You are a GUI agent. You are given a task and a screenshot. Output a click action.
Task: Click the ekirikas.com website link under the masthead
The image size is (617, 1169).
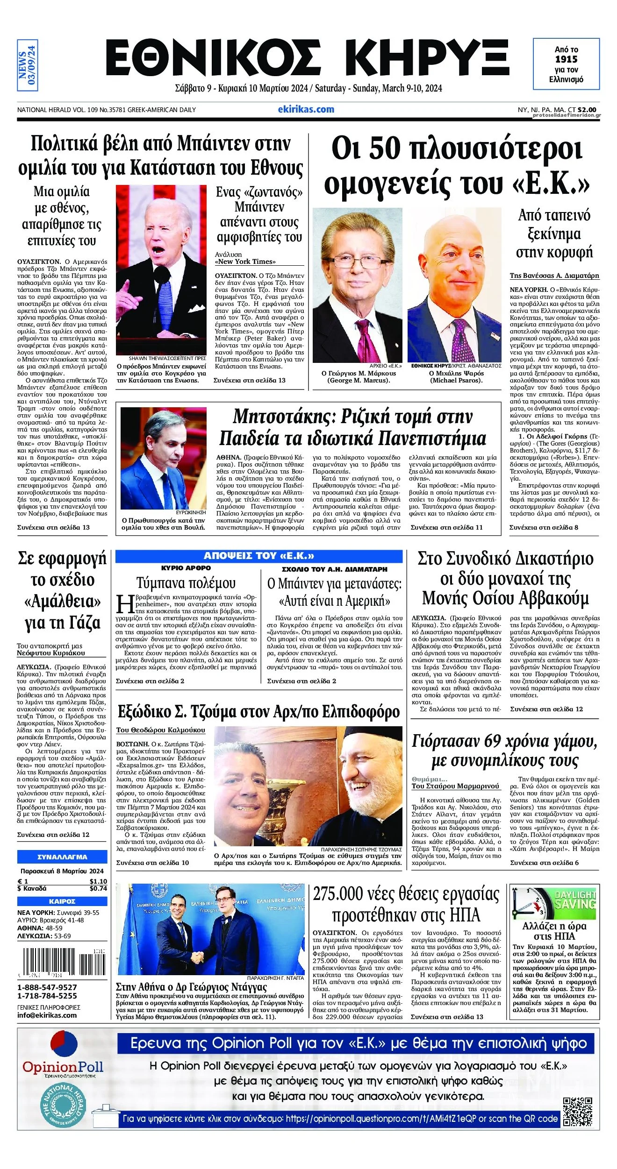click(x=306, y=109)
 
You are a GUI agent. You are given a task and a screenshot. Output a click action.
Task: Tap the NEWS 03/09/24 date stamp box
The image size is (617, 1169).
click(x=27, y=65)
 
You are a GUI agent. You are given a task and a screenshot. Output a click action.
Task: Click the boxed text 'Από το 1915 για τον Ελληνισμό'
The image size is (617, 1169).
click(x=566, y=64)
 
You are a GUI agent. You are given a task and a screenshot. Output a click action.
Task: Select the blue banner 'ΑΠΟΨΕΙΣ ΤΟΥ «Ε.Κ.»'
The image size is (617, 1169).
click(x=258, y=556)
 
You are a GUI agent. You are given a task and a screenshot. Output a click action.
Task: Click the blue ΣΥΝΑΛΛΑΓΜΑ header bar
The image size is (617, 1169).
click(x=62, y=857)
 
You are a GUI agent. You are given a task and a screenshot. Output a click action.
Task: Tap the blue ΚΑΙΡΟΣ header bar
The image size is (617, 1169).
click(x=62, y=901)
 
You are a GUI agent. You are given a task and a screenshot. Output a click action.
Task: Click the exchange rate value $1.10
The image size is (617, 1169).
click(x=98, y=881)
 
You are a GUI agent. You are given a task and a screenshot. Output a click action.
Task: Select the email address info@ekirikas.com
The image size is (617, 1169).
click(x=47, y=1015)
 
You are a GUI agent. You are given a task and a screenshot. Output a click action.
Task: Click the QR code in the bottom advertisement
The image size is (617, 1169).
click(x=577, y=1112)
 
